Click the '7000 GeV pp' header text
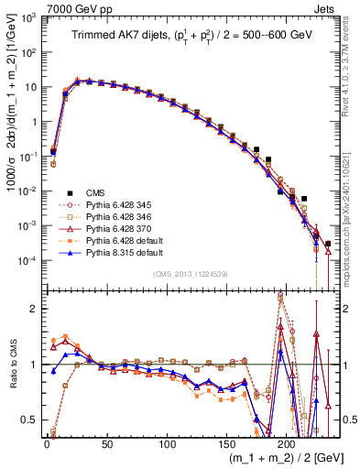tap(75, 8)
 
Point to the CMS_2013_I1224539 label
tap(189, 272)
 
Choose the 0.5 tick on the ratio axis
tap(31, 420)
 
